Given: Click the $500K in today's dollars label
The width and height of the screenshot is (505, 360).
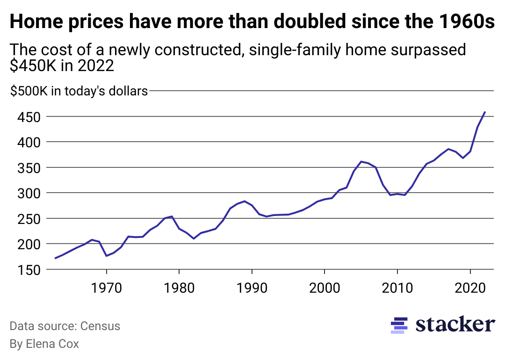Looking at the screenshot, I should click(x=79, y=91).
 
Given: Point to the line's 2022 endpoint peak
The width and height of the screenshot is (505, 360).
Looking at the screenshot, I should click(x=485, y=112).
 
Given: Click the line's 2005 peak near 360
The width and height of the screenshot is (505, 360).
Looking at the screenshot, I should click(x=361, y=161).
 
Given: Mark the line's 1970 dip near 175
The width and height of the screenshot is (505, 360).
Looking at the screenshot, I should click(x=107, y=256).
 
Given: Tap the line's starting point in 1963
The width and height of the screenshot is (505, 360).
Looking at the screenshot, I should click(x=56, y=258).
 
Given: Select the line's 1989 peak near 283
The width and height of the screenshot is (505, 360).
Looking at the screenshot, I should click(x=245, y=201).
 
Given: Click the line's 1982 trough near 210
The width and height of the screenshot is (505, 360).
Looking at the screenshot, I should click(x=194, y=238).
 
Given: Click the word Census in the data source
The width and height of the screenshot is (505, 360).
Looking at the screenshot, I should click(x=100, y=326).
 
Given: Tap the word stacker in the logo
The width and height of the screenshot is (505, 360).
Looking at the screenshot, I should click(x=455, y=324).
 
